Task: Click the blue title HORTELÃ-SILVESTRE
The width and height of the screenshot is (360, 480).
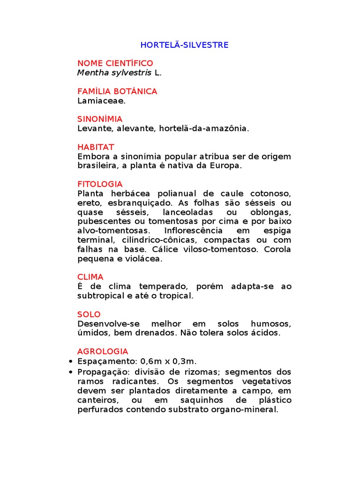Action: (185, 45)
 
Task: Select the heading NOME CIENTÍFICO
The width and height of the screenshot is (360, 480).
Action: (115, 63)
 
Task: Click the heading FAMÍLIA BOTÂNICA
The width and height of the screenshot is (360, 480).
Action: (117, 91)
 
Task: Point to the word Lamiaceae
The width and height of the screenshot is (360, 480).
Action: (101, 100)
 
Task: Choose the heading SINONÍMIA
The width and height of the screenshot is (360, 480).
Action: (100, 119)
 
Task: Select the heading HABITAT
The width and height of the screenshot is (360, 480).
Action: (96, 147)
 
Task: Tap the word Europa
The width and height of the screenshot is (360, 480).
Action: (227, 165)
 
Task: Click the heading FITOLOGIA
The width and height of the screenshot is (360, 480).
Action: (100, 184)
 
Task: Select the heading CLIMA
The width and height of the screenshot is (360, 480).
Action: (90, 277)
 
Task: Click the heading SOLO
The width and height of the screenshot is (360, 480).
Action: (89, 315)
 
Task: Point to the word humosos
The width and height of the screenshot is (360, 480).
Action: (271, 324)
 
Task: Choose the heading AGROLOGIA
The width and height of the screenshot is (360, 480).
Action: (103, 352)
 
